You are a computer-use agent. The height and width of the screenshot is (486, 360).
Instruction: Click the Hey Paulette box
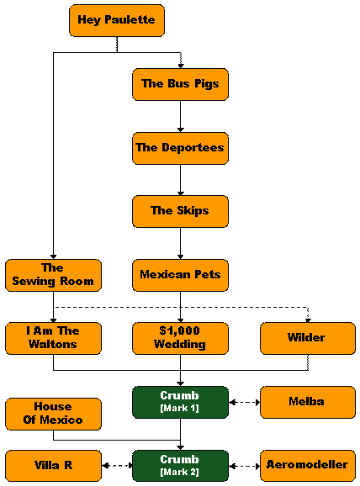pos(117,20)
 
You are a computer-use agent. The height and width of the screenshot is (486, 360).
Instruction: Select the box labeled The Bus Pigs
pos(180,84)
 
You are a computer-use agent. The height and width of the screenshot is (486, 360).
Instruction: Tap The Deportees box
pos(180,148)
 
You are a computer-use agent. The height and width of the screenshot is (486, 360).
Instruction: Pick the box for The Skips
pos(180,211)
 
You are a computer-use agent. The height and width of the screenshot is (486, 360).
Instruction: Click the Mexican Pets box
pos(180,275)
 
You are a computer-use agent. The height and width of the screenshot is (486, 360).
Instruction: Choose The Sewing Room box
pos(53,275)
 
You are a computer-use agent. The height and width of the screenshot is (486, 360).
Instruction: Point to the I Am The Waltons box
pos(53,339)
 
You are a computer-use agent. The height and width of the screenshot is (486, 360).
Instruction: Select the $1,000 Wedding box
pos(180,339)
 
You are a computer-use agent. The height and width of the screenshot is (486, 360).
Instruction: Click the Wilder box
pos(308,339)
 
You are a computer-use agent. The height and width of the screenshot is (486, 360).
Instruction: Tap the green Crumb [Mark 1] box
pos(180,402)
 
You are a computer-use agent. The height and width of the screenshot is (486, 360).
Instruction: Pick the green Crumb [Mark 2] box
pos(180,466)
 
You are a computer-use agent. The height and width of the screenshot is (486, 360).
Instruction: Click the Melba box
pos(308,402)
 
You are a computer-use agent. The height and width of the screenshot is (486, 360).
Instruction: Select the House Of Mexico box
pos(53,414)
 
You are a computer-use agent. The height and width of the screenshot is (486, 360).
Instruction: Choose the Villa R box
pos(53,466)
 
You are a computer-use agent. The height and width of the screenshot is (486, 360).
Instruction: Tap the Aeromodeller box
pos(308,466)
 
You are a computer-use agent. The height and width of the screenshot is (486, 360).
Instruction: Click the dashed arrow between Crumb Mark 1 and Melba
pos(244,402)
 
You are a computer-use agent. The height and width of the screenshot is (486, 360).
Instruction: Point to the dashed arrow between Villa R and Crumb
pos(117,466)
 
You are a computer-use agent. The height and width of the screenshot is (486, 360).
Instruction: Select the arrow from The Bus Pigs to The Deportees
pos(181,116)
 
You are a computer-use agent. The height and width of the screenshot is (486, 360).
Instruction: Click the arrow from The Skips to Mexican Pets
pos(181,243)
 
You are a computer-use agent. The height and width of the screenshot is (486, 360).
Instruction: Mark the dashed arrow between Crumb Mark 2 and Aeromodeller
pos(244,466)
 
